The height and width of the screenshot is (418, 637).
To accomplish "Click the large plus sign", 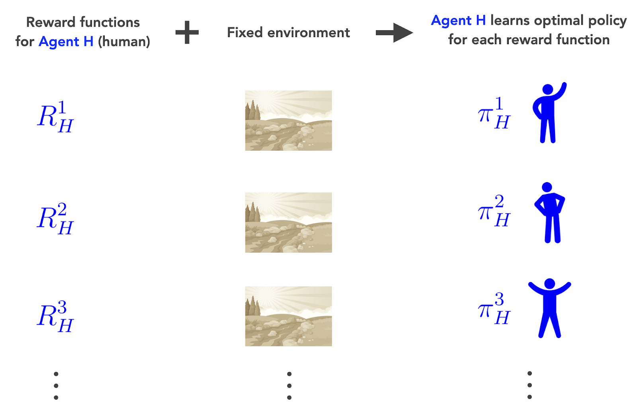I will point(187,32).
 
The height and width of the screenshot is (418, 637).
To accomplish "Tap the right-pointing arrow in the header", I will point(394,32).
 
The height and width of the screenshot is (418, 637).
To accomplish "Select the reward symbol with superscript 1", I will point(55,116).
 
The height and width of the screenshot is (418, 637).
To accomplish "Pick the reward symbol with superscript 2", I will point(55,218).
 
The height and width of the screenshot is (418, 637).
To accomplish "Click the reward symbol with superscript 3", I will point(55,316).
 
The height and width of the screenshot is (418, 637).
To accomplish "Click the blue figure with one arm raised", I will point(548,113).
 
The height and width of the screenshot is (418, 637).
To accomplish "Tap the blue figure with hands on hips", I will point(550,213).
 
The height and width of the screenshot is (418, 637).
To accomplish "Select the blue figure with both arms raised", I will point(550,308).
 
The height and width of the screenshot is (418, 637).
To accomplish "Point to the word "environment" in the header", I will point(309,32).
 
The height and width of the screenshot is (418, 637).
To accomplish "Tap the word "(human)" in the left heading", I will point(124,41).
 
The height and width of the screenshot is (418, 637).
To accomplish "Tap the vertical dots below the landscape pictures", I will point(289,385).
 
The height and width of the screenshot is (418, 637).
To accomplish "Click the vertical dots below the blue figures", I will point(530,385).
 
